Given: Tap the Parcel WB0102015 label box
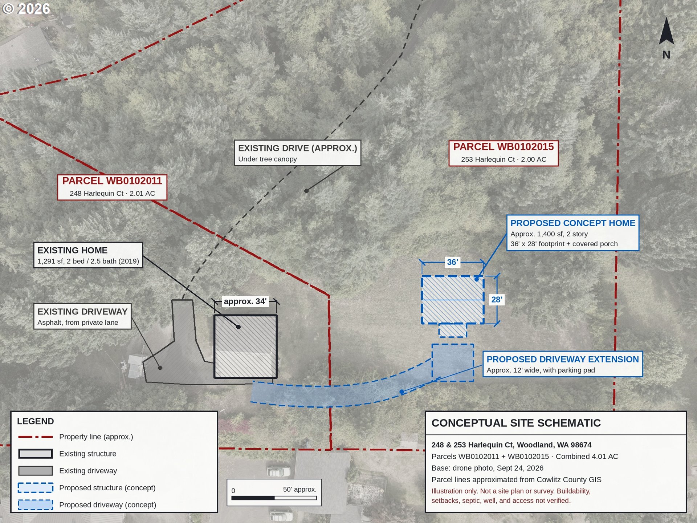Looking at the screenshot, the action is (504, 153).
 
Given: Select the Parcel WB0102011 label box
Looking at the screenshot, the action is (112, 187).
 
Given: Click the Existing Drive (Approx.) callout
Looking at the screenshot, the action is (298, 153).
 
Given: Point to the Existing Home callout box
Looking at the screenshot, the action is (88, 255).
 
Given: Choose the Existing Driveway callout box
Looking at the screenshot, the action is (82, 316).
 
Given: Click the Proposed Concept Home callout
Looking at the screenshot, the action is (573, 233).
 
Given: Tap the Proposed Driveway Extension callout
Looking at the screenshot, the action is (563, 364).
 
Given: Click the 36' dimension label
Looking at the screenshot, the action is (452, 262).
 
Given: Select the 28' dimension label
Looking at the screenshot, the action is (497, 300).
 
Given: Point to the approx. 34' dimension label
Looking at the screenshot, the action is (245, 301).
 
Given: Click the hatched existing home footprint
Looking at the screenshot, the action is (245, 347).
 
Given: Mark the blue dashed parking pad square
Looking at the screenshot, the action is (453, 363).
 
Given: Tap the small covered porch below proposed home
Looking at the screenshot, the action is (453, 330).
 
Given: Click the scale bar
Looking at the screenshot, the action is (274, 498).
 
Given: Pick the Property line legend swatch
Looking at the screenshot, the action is (36, 437).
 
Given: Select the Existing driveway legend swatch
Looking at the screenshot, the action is (36, 471).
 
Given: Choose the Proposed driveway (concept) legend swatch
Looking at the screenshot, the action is (36, 505).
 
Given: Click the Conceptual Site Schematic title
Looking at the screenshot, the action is (516, 423).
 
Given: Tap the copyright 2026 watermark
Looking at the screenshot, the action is (26, 9).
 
